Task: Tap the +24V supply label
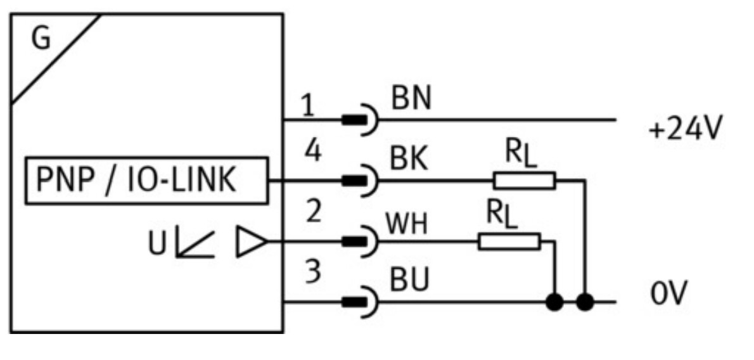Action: [686, 130]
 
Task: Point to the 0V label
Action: [668, 295]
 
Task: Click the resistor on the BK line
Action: [524, 181]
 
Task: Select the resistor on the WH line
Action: [509, 241]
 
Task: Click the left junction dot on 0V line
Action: [555, 302]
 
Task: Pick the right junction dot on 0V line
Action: [586, 302]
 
